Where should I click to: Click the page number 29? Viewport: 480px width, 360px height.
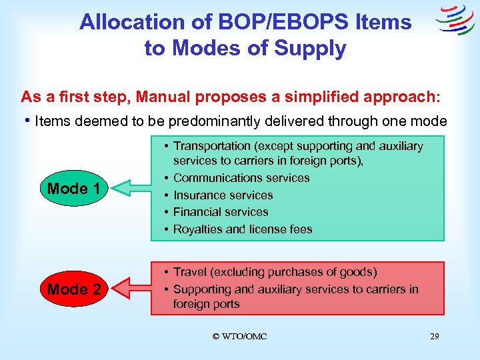coord(434,337)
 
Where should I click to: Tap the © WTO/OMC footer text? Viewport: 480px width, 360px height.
coord(239,337)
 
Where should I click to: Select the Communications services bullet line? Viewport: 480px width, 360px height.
coord(241,178)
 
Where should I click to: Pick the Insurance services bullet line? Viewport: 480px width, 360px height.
coord(223,195)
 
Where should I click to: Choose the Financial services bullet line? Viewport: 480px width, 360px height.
coord(221,212)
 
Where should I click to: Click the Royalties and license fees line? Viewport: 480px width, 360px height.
coord(243,229)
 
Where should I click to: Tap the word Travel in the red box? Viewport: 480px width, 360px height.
coord(189,272)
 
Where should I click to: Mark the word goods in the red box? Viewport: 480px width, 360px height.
coord(358,272)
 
